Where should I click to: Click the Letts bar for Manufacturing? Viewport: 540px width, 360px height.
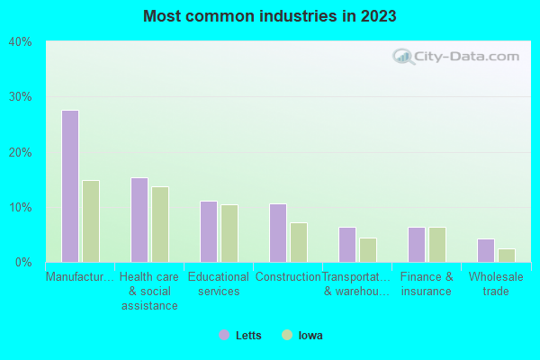click(70, 186)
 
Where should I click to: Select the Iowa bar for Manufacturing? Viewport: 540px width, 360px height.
click(91, 221)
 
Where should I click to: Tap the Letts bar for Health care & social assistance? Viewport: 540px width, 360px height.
click(139, 220)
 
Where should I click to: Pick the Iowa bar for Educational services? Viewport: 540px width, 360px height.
click(229, 233)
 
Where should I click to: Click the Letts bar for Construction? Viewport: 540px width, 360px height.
click(278, 233)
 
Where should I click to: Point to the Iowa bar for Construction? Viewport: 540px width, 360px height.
click(299, 242)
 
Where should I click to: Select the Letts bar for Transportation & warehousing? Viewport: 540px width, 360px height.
click(347, 245)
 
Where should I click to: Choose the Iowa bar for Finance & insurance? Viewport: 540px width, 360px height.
click(437, 245)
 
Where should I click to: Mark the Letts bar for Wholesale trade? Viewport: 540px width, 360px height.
click(486, 250)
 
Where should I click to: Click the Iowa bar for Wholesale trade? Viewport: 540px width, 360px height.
click(507, 256)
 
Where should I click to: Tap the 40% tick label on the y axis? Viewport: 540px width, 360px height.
click(20, 41)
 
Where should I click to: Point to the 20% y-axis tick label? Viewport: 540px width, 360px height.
click(20, 152)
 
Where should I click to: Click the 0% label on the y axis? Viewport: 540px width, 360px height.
click(23, 263)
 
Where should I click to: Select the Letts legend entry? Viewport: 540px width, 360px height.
click(240, 336)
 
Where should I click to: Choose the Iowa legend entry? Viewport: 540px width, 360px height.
click(302, 336)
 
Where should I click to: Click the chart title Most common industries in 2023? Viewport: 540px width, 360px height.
click(270, 16)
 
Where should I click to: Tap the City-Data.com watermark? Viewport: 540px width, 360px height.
click(457, 56)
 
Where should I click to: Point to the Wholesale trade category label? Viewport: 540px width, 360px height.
click(496, 283)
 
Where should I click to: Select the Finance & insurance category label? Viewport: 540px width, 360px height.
click(427, 283)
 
